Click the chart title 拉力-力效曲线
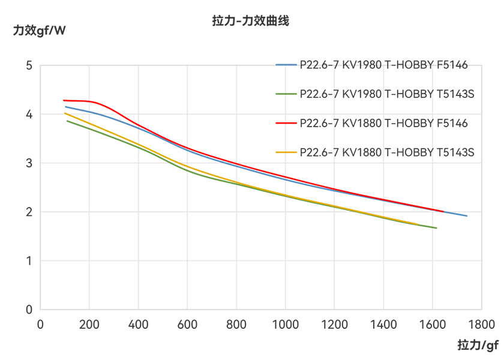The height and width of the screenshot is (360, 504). click(x=251, y=21)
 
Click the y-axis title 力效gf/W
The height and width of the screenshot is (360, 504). click(x=40, y=30)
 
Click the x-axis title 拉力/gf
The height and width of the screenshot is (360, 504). click(x=478, y=345)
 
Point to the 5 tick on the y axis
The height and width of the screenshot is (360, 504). click(x=28, y=65)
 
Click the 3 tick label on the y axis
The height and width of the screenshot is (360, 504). click(x=28, y=163)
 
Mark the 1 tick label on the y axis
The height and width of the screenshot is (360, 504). click(x=28, y=261)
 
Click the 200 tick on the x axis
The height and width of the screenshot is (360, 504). click(x=89, y=325)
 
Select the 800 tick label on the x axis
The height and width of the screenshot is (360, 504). click(x=236, y=325)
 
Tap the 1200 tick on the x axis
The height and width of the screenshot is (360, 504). click(x=334, y=325)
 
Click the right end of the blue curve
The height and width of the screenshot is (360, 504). click(x=467, y=216)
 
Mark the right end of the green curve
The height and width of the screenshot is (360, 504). click(x=436, y=228)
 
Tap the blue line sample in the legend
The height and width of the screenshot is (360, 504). click(x=286, y=65)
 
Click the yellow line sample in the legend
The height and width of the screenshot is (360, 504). click(x=286, y=152)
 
